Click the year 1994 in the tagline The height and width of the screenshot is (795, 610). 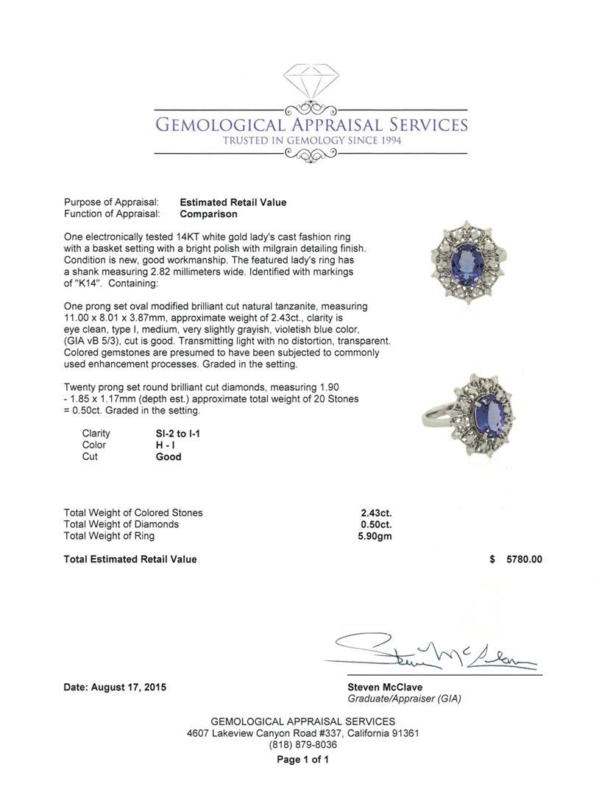pyautogui.click(x=387, y=141)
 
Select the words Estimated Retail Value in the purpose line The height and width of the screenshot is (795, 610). pyautogui.click(x=233, y=202)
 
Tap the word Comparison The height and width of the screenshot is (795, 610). pyautogui.click(x=208, y=214)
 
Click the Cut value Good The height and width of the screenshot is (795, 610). pyautogui.click(x=169, y=457)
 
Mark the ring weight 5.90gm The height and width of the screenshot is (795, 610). pyautogui.click(x=375, y=537)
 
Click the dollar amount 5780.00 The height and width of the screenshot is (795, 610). pyautogui.click(x=524, y=559)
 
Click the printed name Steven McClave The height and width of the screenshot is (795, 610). pyautogui.click(x=385, y=688)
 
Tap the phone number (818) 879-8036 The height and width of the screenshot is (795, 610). pyautogui.click(x=302, y=745)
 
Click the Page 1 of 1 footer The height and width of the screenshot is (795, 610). pyautogui.click(x=302, y=760)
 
